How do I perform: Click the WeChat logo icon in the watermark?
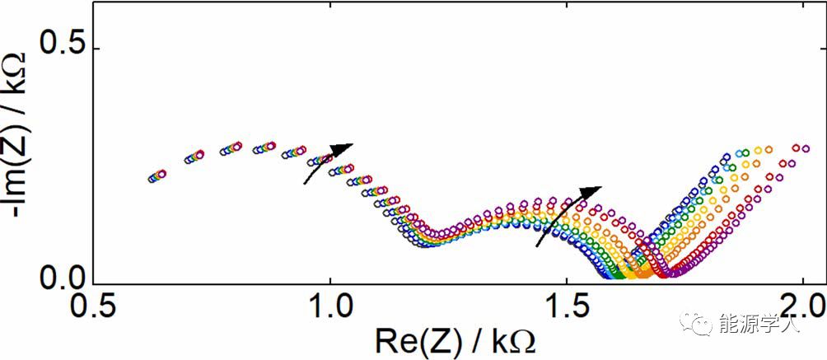[702, 323]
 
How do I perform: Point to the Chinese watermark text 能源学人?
[759, 324]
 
